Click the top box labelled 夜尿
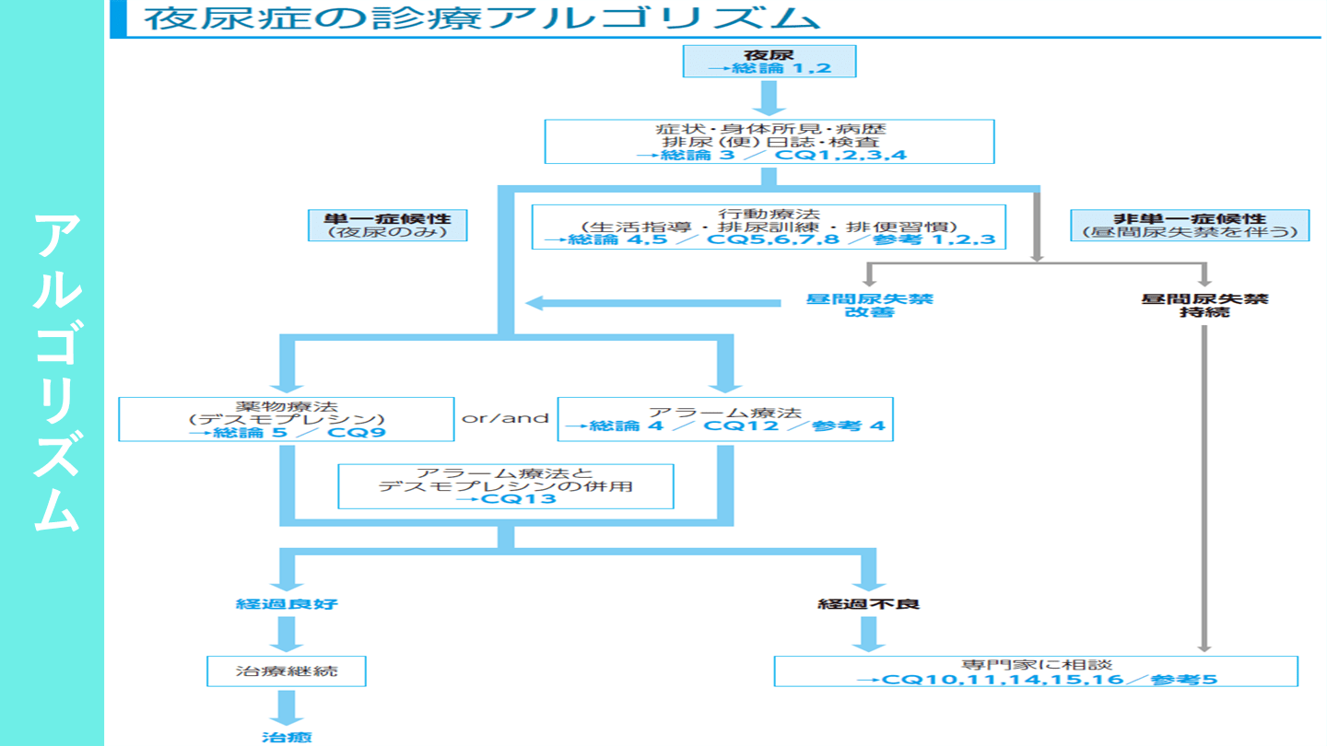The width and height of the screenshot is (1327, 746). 769,62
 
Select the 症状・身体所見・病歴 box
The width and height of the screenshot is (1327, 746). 769,141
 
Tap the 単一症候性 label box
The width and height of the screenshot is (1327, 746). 387,226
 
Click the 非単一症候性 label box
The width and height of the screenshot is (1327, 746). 1190,226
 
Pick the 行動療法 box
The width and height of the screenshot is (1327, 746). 769,227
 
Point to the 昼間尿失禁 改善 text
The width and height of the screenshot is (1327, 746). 869,306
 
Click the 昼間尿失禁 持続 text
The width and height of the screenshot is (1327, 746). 1204,306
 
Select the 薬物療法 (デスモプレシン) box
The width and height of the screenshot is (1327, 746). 286,419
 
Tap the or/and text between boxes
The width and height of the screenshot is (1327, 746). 505,418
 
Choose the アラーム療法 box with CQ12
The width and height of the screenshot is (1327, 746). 725,419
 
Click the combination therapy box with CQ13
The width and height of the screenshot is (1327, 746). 505,486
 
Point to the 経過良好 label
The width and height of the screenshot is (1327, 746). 287,605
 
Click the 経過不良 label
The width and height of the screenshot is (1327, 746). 869,605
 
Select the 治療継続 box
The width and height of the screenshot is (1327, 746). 287,671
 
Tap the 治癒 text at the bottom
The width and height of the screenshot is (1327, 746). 287,737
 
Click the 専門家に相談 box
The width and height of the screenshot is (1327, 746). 1036,671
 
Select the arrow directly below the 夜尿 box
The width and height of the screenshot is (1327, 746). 769,97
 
